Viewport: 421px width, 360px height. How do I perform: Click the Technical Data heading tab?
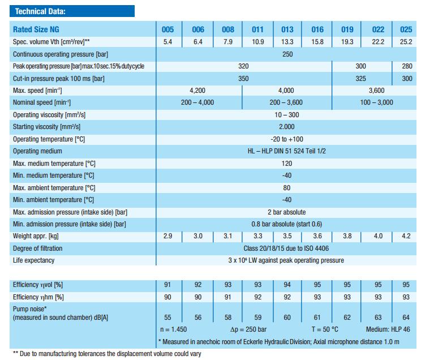40,11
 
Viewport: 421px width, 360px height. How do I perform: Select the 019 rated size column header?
347,30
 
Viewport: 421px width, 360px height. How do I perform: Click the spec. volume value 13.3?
287,42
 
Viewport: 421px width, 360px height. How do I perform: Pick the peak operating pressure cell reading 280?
406,66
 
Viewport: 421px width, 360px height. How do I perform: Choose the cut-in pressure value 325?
360,79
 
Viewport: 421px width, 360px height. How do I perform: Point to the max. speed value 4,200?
197,91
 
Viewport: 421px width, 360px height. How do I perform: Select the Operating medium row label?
37,151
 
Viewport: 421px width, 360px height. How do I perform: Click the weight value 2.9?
167,236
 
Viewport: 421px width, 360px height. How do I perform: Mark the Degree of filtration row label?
37,248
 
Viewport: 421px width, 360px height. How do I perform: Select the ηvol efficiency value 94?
287,285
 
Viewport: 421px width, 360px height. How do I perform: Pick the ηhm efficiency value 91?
227,297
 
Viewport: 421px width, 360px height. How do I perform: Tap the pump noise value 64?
406,318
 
